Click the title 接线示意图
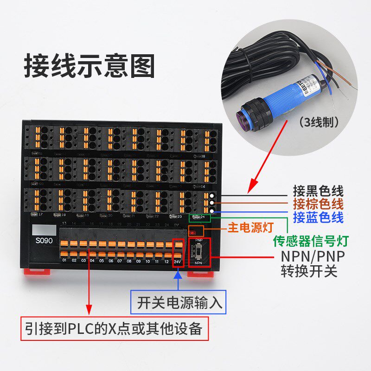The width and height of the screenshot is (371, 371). (x=89, y=66)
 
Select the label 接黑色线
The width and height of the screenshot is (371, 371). (x=318, y=191)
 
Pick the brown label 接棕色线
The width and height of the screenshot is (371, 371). (x=318, y=204)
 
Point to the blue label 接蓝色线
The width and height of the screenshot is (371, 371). (x=318, y=217)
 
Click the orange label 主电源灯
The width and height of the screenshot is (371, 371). (x=250, y=227)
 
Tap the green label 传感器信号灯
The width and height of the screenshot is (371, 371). (x=311, y=241)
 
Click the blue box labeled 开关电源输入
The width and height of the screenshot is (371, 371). (x=179, y=303)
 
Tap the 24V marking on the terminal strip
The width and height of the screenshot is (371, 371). (x=177, y=262)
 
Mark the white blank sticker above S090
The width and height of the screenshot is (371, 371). (x=44, y=230)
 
